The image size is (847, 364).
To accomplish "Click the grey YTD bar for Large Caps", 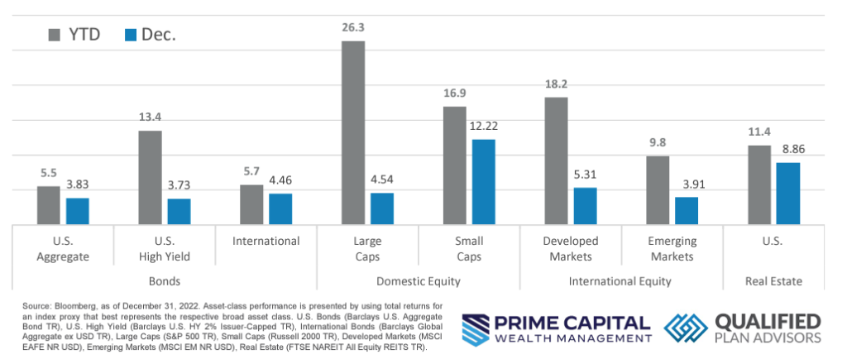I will click(353, 132).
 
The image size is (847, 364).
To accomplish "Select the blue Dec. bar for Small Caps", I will click(484, 182).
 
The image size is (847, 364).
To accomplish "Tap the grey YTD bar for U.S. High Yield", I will click(150, 177).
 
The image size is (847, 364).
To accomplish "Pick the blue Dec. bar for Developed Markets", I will click(585, 206).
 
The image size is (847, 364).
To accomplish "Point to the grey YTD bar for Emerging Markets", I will click(657, 190).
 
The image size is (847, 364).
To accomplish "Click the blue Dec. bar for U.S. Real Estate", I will click(788, 193).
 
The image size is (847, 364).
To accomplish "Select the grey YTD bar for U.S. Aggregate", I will click(49, 205).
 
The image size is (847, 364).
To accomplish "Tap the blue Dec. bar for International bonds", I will click(280, 208).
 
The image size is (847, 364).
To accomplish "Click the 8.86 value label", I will click(789, 151).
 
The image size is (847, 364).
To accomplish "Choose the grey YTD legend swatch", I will click(56, 35).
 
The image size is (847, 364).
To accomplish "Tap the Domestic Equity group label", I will click(418, 281).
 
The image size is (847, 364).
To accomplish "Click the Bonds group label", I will click(165, 281).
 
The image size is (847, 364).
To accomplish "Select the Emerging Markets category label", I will click(672, 248).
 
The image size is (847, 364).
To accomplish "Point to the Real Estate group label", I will click(774, 281).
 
